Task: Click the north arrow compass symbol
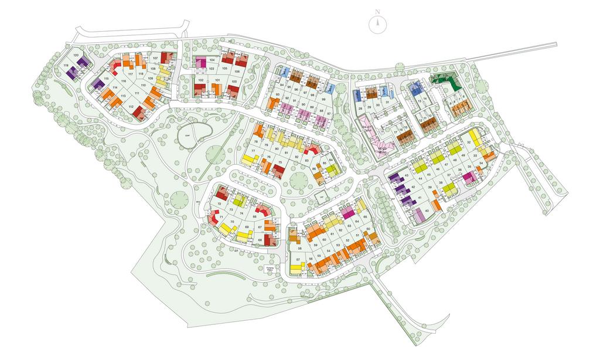(378, 23)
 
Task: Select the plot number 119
(66, 66)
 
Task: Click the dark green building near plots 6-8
(448, 82)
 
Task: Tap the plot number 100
(234, 81)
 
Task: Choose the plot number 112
(131, 107)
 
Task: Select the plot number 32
(469, 142)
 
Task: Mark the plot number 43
(407, 175)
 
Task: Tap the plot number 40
(426, 210)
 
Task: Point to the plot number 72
(219, 203)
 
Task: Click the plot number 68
(259, 240)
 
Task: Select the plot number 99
(323, 100)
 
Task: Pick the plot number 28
(360, 108)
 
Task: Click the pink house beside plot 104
(201, 62)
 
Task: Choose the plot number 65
(365, 217)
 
